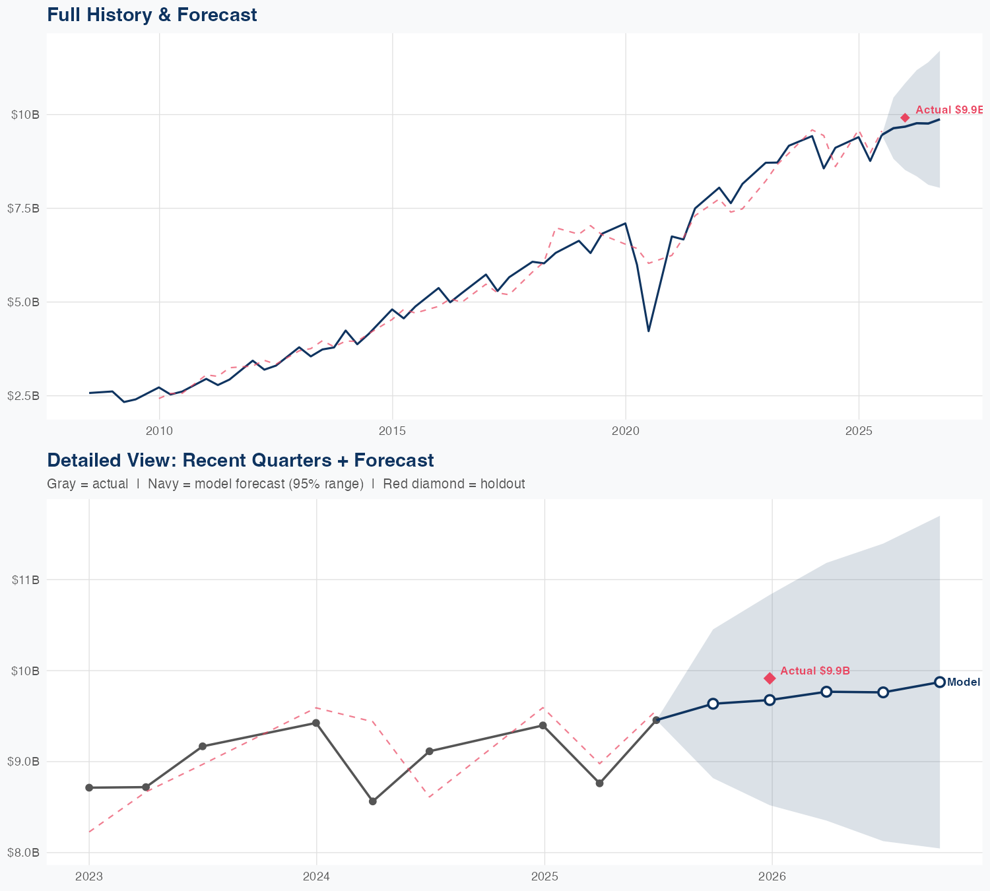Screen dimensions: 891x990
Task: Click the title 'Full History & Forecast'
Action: [x=152, y=15]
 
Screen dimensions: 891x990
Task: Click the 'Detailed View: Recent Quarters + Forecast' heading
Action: [x=240, y=460]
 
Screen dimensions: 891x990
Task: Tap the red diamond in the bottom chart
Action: [x=770, y=678]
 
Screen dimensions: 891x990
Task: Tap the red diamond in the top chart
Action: [x=905, y=117]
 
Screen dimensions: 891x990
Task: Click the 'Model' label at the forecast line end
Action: [x=963, y=682]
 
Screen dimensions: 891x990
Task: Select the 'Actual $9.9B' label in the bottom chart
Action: [x=814, y=671]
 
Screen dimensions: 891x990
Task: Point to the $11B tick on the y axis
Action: [x=26, y=579]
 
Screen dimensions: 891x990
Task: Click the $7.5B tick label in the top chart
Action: [x=24, y=209]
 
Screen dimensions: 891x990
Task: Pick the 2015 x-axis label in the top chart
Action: [x=392, y=431]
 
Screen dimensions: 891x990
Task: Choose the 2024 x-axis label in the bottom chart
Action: [x=316, y=876]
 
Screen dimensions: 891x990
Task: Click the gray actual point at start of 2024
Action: [x=316, y=723]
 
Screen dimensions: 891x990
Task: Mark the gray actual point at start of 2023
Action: [x=89, y=787]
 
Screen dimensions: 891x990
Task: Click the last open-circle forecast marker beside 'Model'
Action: [x=939, y=682]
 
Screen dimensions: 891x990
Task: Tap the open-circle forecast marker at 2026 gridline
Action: [x=770, y=700]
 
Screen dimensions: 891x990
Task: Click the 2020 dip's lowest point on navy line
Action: [x=648, y=331]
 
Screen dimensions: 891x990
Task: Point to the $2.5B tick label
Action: [x=24, y=396]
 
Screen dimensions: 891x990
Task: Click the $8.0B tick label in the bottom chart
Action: [x=24, y=853]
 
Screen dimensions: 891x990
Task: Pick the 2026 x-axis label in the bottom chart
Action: [x=772, y=876]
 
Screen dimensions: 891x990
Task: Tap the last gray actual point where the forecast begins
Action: [x=656, y=720]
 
